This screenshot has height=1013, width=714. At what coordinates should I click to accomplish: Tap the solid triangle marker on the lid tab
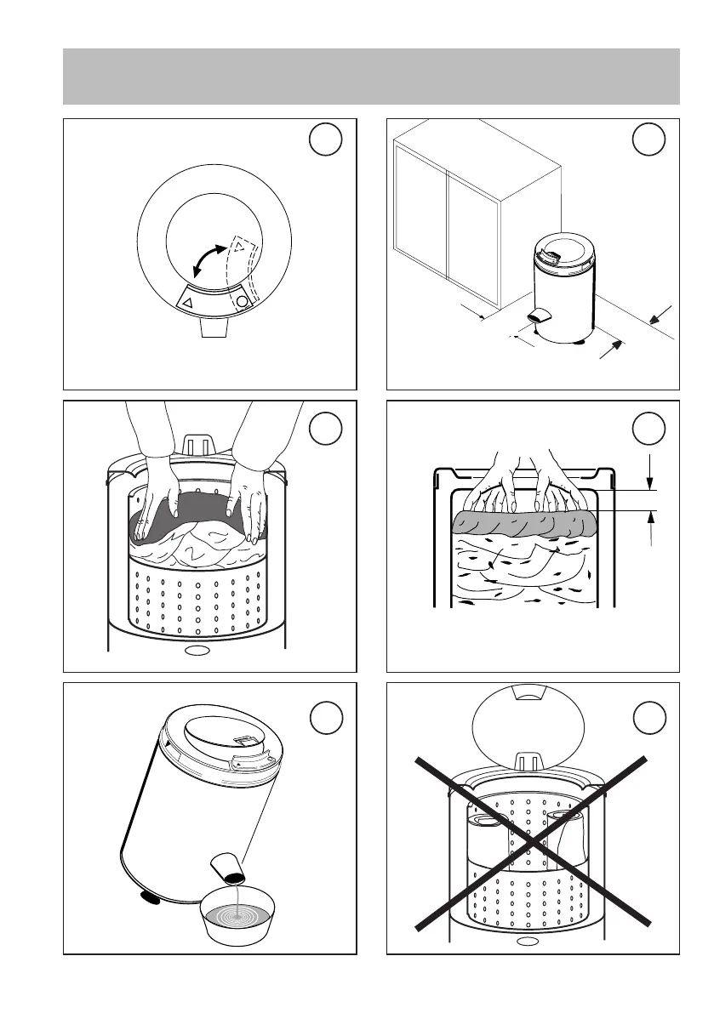point(187,301)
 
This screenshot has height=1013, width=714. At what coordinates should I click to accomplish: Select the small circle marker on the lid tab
point(242,301)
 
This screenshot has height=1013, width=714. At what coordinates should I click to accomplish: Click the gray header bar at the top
point(372,77)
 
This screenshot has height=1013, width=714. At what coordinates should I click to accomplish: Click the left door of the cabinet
point(421,223)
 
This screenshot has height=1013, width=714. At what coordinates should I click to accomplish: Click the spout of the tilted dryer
point(227,868)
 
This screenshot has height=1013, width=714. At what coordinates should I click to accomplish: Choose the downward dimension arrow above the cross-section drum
point(651,473)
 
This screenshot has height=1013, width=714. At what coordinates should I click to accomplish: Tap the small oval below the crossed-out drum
point(528,941)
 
